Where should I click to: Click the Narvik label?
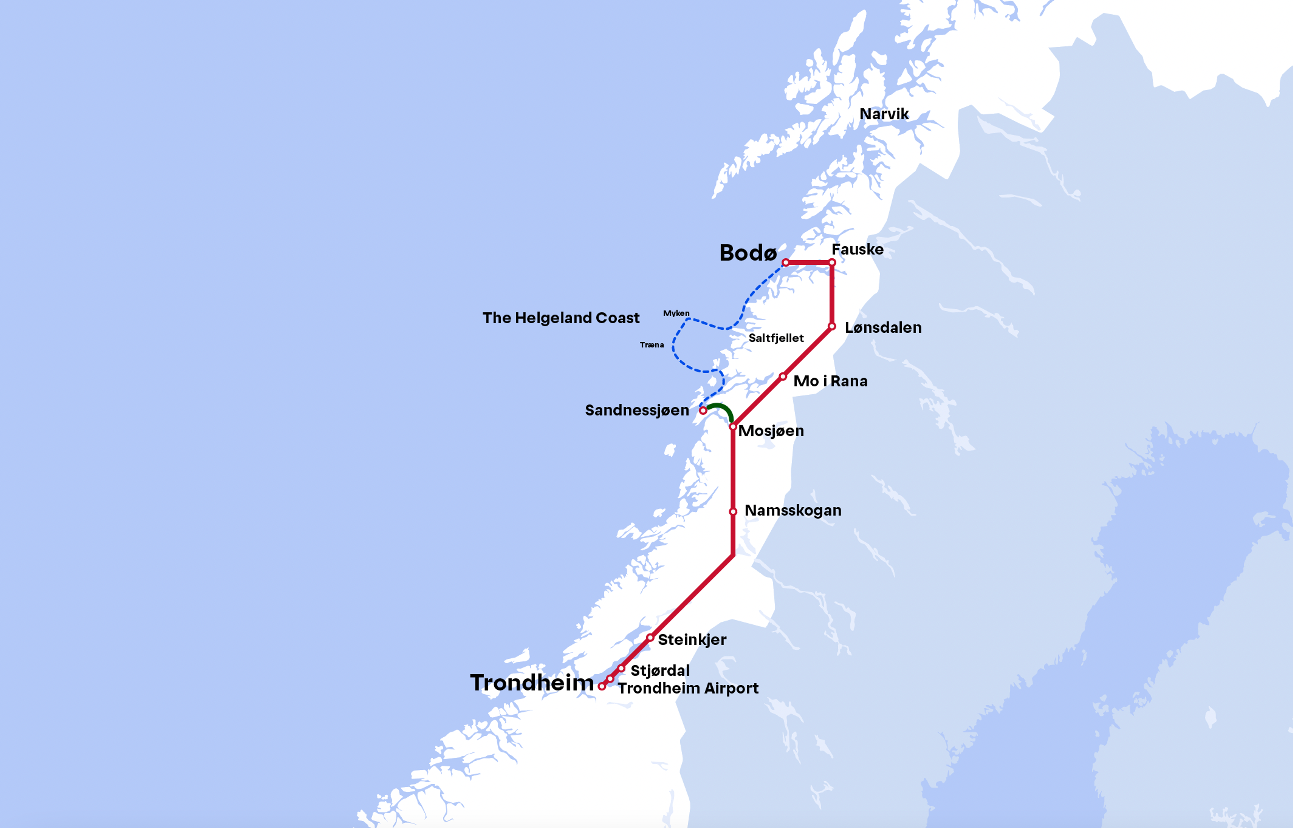point(884,114)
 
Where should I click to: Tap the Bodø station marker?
point(786,262)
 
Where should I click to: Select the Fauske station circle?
point(832,262)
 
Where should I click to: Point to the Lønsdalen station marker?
point(832,326)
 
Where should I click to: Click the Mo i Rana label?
point(830,381)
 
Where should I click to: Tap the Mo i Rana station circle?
point(783,376)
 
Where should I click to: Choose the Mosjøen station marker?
point(733,426)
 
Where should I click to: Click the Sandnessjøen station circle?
point(703,410)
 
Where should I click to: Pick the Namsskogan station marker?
point(733,511)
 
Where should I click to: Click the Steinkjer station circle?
point(650,638)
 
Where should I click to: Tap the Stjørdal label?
point(660,671)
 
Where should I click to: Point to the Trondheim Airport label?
point(688,688)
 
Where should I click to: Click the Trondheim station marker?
point(602,687)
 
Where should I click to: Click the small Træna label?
point(652,345)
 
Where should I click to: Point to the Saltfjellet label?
point(776,338)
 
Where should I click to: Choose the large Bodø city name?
point(748,253)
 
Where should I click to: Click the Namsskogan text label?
point(793,510)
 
